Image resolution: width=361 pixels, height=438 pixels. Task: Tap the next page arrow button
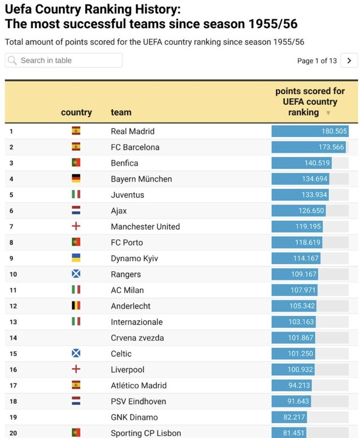(349, 60)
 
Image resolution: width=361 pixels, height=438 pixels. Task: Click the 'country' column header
(76, 112)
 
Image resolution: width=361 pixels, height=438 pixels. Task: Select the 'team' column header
(121, 112)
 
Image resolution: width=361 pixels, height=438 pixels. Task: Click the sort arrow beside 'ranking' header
(328, 113)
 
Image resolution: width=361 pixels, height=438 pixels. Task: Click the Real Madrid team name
(133, 131)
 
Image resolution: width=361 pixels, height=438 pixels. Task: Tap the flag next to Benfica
(76, 163)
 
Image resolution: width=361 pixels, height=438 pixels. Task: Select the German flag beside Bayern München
(76, 179)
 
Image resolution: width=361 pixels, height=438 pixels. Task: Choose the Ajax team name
(118, 211)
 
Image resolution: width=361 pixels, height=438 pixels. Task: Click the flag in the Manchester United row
(76, 227)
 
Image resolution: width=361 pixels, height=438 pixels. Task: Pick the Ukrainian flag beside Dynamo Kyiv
(76, 258)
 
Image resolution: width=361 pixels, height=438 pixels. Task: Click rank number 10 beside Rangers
(13, 275)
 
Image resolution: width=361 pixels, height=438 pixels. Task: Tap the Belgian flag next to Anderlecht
(76, 306)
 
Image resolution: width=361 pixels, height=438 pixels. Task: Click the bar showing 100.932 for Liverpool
(293, 370)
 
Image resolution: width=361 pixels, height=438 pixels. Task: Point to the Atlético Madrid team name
(138, 386)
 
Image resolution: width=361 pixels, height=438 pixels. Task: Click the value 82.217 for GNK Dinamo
(291, 417)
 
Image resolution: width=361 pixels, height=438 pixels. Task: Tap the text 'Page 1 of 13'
(316, 61)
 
